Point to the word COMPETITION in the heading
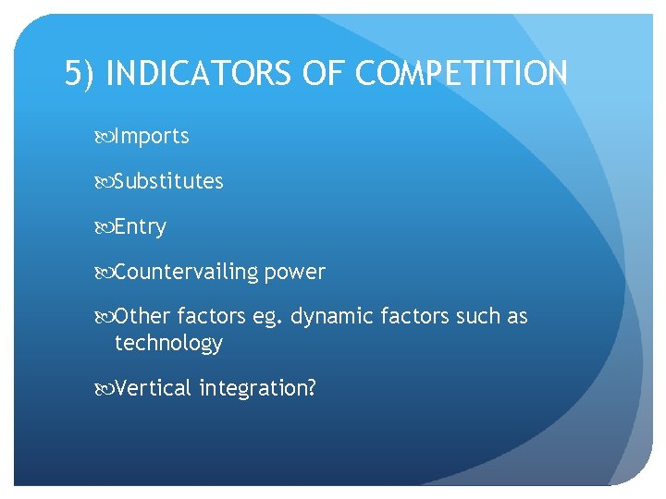[462, 73]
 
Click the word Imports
[152, 137]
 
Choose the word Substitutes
[168, 181]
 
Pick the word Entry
[141, 227]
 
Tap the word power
[295, 273]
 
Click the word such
[475, 317]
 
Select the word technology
[168, 344]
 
